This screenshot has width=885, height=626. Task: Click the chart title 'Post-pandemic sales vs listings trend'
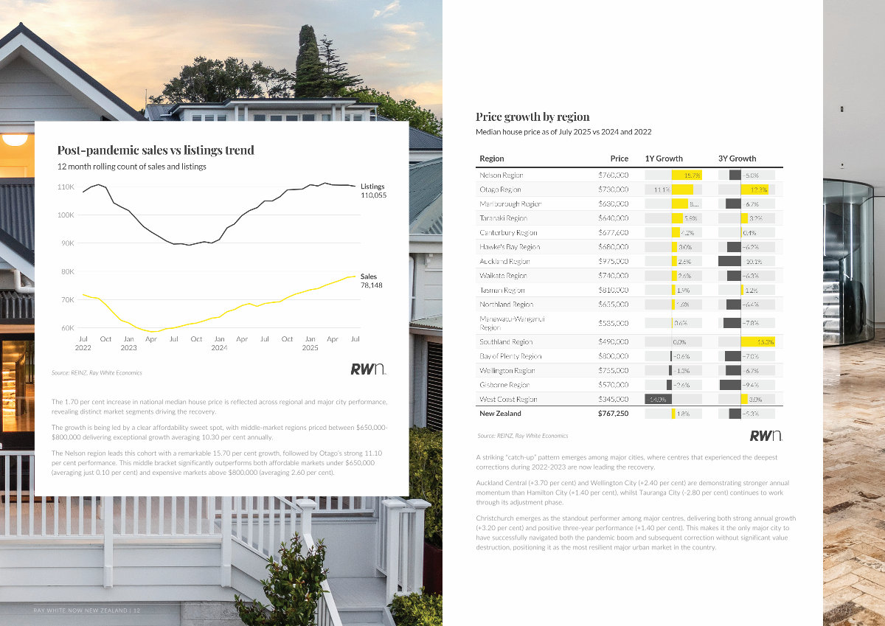tap(156, 150)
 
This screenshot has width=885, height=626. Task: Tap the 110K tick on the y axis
tap(66, 187)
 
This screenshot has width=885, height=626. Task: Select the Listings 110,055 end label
tap(373, 191)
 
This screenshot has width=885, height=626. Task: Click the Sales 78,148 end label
tap(372, 281)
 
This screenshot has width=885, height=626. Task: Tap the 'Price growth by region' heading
tap(532, 116)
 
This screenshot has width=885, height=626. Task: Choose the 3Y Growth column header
tap(737, 159)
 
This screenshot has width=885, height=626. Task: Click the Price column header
tap(619, 159)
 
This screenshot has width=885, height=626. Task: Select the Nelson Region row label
tap(502, 175)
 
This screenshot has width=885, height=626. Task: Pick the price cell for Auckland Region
tap(613, 261)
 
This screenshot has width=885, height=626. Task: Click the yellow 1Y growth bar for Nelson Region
tap(687, 175)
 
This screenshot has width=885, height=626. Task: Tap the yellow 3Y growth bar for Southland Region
tap(757, 342)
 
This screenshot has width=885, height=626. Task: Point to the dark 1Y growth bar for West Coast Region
tap(657, 399)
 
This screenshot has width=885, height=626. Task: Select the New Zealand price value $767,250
tap(613, 414)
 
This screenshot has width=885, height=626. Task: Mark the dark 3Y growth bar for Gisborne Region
tap(730, 385)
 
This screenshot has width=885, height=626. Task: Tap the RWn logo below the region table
tap(766, 436)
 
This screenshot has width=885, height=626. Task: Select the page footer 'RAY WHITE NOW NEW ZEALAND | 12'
tap(87, 611)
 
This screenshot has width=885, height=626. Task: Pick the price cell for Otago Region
tap(613, 189)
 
